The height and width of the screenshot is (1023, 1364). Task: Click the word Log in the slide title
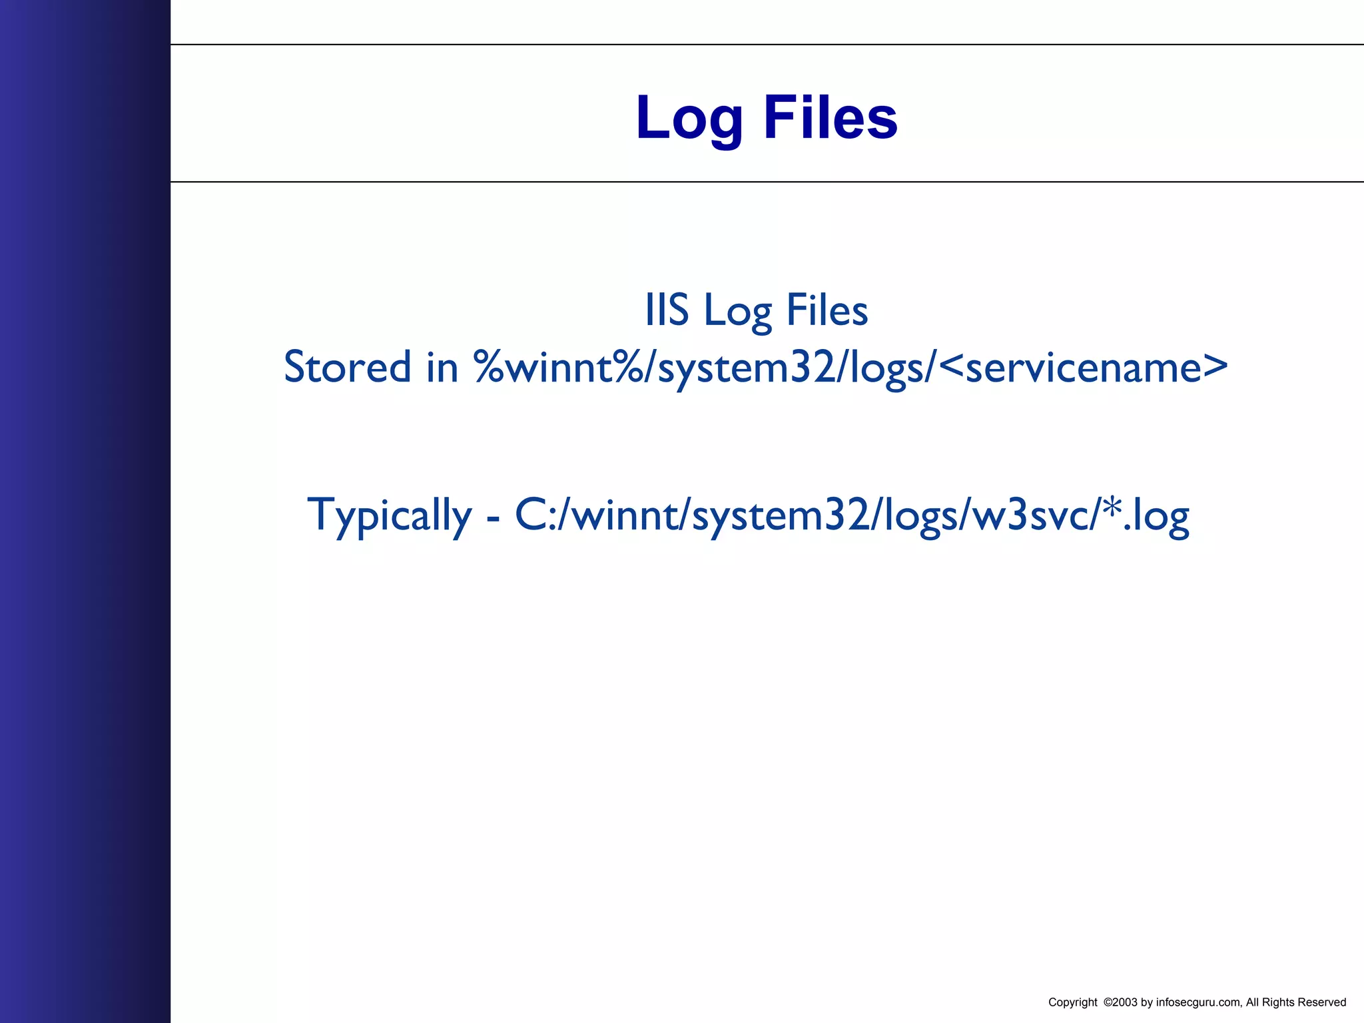tap(689, 119)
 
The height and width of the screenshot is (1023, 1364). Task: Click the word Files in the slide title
tap(830, 117)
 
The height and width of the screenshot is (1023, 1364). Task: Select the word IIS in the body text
tap(666, 310)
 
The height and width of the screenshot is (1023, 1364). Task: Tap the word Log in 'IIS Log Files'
tap(737, 312)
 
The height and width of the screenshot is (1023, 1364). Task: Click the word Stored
tap(347, 367)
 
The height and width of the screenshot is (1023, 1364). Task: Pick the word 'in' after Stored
tap(442, 367)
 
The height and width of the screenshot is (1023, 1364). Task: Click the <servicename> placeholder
tap(1085, 367)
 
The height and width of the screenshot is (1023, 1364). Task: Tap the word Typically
tap(389, 515)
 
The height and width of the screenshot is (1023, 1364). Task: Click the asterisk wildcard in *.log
tap(1112, 508)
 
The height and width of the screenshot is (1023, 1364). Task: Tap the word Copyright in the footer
tap(1072, 1002)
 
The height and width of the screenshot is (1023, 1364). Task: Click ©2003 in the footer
tap(1120, 1002)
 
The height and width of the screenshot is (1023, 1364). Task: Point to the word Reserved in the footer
tap(1321, 1002)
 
